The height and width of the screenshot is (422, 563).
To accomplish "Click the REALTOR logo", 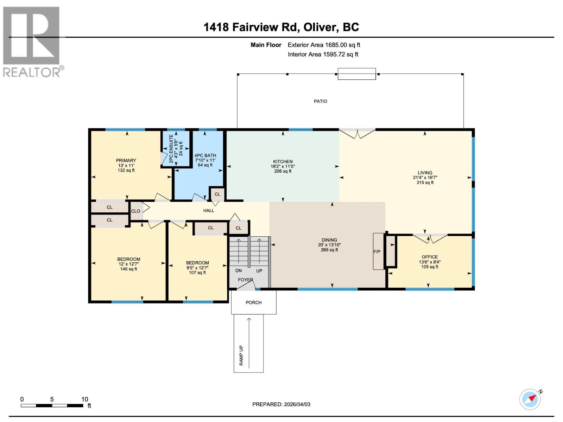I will pyautogui.click(x=32, y=41).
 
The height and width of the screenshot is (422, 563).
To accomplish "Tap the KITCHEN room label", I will pyautogui.click(x=283, y=161).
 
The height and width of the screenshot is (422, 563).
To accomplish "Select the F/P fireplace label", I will pyautogui.click(x=377, y=252).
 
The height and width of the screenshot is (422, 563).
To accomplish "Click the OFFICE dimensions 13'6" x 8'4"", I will pyautogui.click(x=430, y=262).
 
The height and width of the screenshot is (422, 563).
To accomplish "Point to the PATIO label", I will pyautogui.click(x=320, y=101).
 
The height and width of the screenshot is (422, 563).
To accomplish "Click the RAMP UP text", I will pyautogui.click(x=241, y=355).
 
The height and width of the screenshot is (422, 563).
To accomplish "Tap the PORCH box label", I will pyautogui.click(x=253, y=302).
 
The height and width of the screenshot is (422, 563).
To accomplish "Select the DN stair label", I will pyautogui.click(x=239, y=271).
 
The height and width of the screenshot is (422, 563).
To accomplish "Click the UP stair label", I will pyautogui.click(x=259, y=271).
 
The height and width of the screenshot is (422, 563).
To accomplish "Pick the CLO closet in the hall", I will pyautogui.click(x=135, y=211).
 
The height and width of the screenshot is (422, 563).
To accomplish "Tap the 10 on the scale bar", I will pyautogui.click(x=84, y=399).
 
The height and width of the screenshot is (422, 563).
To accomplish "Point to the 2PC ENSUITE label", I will pyautogui.click(x=171, y=148).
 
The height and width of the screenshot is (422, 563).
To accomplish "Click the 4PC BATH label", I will pyautogui.click(x=205, y=155).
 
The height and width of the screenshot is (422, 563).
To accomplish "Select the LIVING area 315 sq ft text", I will pyautogui.click(x=425, y=183).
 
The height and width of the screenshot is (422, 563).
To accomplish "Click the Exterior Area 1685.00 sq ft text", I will pyautogui.click(x=324, y=45).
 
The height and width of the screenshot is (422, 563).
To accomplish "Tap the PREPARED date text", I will pyautogui.click(x=281, y=404).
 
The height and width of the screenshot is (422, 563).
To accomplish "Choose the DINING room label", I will pyautogui.click(x=329, y=240).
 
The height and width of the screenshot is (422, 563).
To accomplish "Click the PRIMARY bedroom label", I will pyautogui.click(x=126, y=160).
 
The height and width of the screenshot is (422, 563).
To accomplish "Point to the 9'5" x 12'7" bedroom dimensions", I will pyautogui.click(x=197, y=268).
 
